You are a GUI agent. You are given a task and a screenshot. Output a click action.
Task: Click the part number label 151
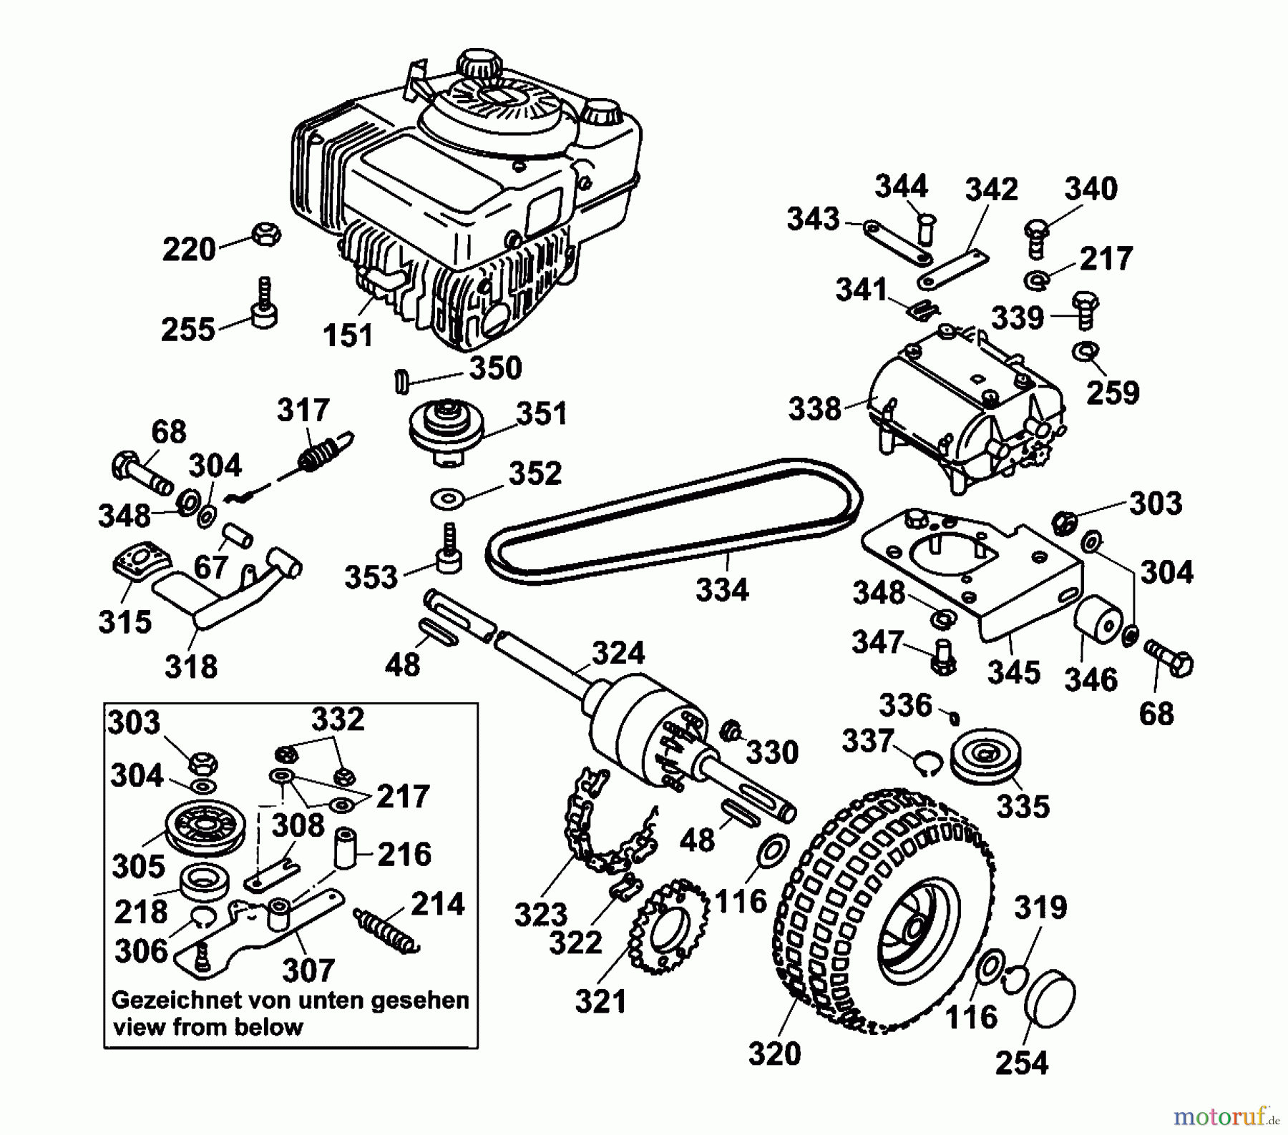(348, 335)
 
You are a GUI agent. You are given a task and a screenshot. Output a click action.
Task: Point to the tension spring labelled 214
(384, 930)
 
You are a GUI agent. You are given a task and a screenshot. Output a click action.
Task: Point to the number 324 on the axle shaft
(618, 654)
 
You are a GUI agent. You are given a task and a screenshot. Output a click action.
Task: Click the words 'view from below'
(208, 1028)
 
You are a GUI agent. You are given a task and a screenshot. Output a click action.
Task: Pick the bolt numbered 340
(1034, 236)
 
